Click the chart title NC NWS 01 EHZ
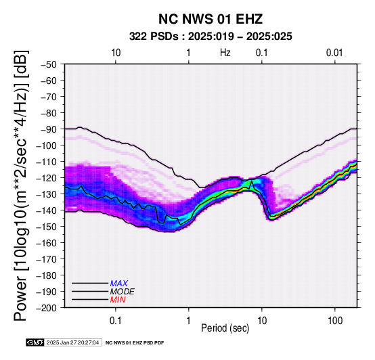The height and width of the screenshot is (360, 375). [x=211, y=19]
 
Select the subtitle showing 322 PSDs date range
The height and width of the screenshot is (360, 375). [x=211, y=37]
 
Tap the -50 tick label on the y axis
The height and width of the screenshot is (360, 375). [x=48, y=64]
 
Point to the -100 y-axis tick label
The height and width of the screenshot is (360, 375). [x=46, y=145]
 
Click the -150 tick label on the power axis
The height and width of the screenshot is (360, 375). [x=46, y=227]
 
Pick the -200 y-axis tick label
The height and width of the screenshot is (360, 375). [x=46, y=308]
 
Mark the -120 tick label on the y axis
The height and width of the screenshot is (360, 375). [x=46, y=178]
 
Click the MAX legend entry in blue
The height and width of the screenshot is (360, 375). [x=119, y=284]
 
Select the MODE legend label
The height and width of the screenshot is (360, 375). [x=123, y=292]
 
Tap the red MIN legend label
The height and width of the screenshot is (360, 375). [x=118, y=300]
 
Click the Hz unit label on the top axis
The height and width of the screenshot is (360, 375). [x=225, y=53]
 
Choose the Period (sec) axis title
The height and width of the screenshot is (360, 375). [x=225, y=328]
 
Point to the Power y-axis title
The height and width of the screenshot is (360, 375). [x=21, y=185]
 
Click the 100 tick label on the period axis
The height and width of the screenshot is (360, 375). [x=335, y=321]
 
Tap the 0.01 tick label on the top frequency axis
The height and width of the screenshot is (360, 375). [x=334, y=53]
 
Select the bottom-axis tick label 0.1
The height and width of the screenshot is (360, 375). [x=116, y=321]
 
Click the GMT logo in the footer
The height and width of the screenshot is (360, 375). [x=35, y=342]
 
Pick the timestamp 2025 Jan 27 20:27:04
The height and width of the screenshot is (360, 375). [x=72, y=342]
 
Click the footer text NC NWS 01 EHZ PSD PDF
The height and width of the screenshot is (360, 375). [x=135, y=343]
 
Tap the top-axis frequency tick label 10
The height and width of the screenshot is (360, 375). [x=116, y=53]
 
